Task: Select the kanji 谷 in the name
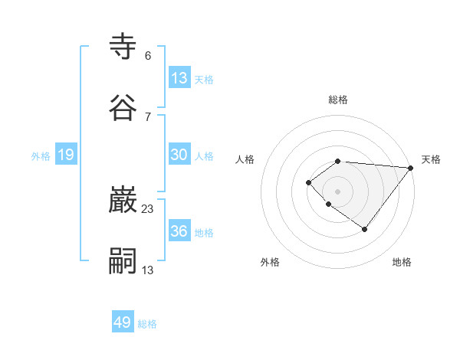pyautogui.click(x=123, y=108)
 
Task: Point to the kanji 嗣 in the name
pyautogui.click(x=123, y=261)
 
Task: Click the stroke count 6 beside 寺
pyautogui.click(x=148, y=56)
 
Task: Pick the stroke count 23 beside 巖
pyautogui.click(x=148, y=208)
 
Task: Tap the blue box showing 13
pyautogui.click(x=179, y=78)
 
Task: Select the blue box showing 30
pyautogui.click(x=179, y=155)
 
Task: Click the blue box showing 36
pyautogui.click(x=179, y=231)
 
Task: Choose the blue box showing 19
pyautogui.click(x=66, y=155)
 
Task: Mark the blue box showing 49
pyautogui.click(x=123, y=322)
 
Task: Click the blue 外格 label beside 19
pyautogui.click(x=41, y=156)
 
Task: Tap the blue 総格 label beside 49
pyautogui.click(x=148, y=324)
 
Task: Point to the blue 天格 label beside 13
pyautogui.click(x=204, y=80)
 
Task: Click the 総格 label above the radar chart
pyautogui.click(x=338, y=100)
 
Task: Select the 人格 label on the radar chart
pyautogui.click(x=245, y=159)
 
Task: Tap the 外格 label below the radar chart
pyautogui.click(x=270, y=262)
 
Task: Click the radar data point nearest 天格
pyautogui.click(x=410, y=168)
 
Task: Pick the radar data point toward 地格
pyautogui.click(x=365, y=229)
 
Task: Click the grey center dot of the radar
pyautogui.click(x=337, y=191)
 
